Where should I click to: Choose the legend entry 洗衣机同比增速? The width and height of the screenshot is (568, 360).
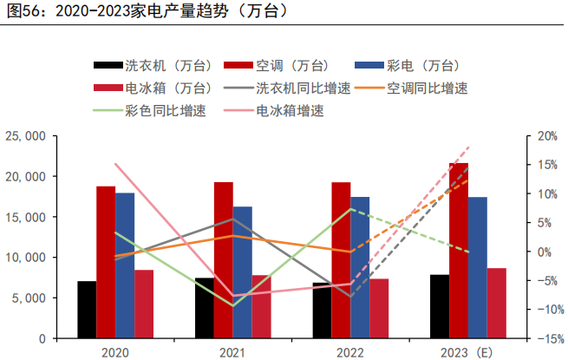[294, 88]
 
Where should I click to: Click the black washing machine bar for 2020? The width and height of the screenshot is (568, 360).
[87, 310]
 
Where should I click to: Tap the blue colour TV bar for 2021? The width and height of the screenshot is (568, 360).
[243, 272]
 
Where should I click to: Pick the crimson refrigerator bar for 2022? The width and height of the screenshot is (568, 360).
[379, 308]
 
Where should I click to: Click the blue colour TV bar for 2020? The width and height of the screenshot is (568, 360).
[125, 265]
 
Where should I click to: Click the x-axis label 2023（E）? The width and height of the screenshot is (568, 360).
[465, 352]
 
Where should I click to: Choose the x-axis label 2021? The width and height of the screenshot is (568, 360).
[232, 352]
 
